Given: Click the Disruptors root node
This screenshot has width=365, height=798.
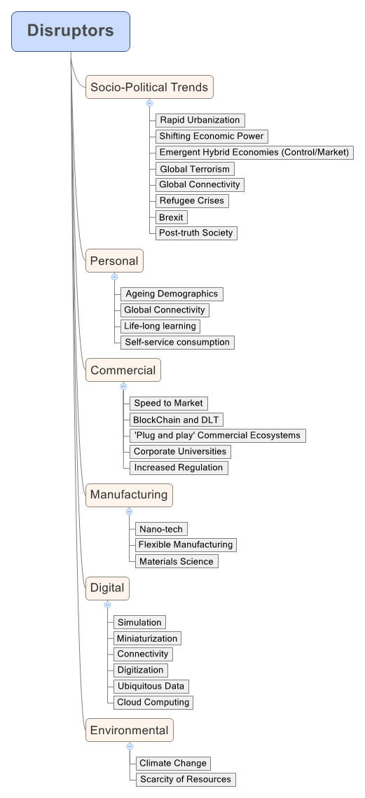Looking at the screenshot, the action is click(x=71, y=32).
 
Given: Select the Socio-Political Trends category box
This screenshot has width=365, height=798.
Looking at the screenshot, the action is click(x=149, y=87).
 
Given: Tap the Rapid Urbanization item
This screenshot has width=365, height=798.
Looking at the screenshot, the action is click(x=200, y=120).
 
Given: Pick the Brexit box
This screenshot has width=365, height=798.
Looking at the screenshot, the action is click(x=171, y=216).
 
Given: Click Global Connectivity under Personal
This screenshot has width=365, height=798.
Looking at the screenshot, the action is click(x=165, y=310).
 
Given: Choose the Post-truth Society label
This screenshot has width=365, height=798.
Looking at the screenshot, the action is click(x=196, y=233).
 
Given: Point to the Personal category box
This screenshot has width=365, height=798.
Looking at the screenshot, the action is click(x=114, y=261).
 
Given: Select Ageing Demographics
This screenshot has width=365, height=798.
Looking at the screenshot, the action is click(x=172, y=294).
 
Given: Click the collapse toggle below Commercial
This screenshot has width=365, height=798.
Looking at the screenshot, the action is click(x=123, y=387).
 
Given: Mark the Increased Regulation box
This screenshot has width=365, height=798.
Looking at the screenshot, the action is click(x=179, y=468).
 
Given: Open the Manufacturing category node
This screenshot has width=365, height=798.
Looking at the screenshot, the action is click(x=129, y=495).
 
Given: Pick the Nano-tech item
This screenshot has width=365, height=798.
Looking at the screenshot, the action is click(x=161, y=529).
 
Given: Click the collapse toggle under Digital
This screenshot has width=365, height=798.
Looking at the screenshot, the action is click(x=107, y=605).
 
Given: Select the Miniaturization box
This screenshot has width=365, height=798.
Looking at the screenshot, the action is click(x=147, y=639).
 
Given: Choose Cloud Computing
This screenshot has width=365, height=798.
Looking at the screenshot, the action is click(x=153, y=702).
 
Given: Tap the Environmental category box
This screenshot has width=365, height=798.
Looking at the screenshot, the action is click(x=130, y=730).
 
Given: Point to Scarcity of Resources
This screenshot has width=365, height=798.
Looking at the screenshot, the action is click(x=185, y=779).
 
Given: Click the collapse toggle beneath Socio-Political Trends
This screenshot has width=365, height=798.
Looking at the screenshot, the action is click(x=149, y=103).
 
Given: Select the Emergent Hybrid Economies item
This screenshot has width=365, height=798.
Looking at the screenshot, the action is click(x=254, y=152).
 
